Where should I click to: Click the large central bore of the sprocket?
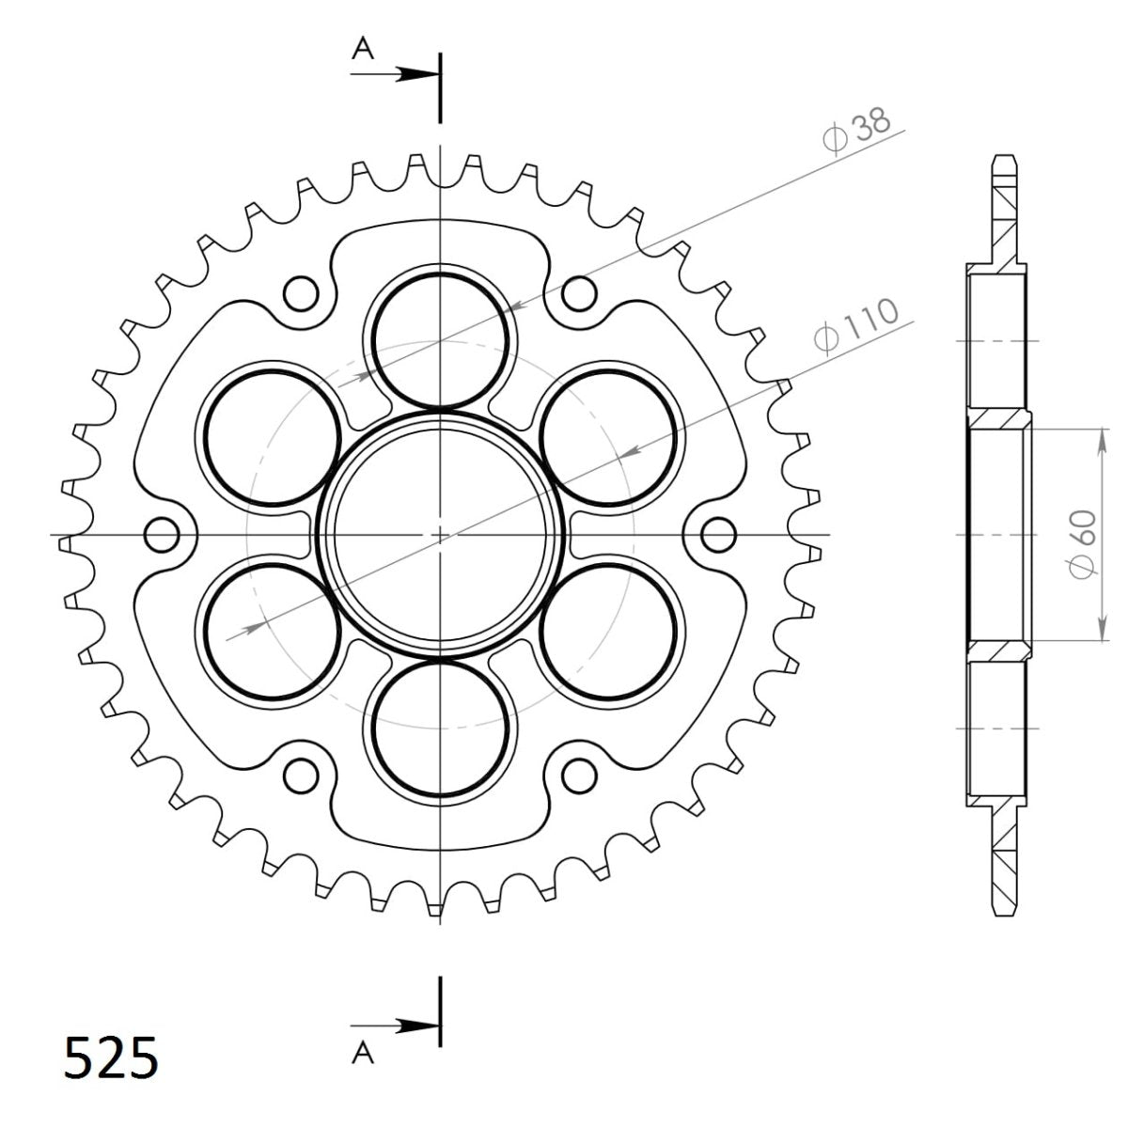point(441,535)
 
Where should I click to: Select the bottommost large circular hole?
point(441,729)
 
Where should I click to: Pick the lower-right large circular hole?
point(609,632)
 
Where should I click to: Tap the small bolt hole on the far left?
point(163,535)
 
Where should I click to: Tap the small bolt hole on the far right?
point(719,535)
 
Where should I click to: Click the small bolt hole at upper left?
point(301,293)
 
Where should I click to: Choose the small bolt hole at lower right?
point(580,775)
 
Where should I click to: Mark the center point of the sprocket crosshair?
point(441,535)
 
